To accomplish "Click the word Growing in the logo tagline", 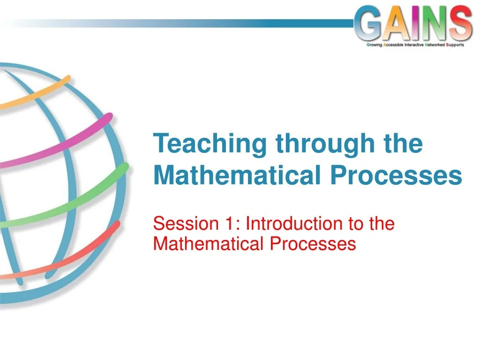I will pos(373,45).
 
